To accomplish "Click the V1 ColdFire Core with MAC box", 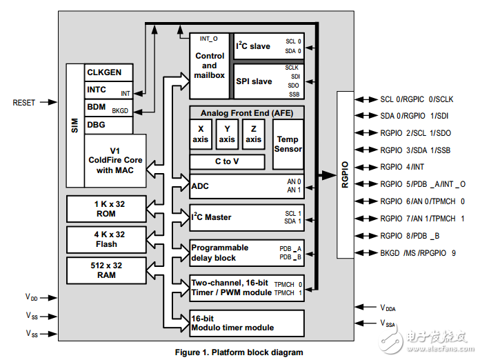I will tap(115, 161).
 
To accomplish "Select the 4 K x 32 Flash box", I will tap(106, 239).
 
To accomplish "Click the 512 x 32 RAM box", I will tap(106, 270).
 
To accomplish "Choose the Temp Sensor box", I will tap(288, 144).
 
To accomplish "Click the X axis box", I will tap(201, 134).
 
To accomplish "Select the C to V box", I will tap(228, 162).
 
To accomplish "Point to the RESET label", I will tap(23, 103).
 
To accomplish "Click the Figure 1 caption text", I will tap(239, 352).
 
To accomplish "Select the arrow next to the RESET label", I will tap(48, 103).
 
